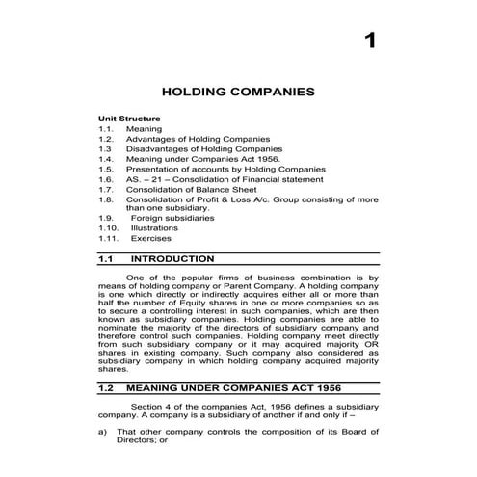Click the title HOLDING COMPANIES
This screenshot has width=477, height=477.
pyautogui.click(x=238, y=93)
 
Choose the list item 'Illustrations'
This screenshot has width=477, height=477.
pyautogui.click(x=154, y=227)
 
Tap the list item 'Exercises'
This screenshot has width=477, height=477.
pyautogui.click(x=151, y=238)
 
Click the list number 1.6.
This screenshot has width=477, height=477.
pyautogui.click(x=106, y=178)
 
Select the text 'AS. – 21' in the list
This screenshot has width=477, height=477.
pyautogui.click(x=144, y=178)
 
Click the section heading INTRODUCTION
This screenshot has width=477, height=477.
pyautogui.click(x=172, y=259)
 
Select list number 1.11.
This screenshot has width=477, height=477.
pyautogui.click(x=109, y=238)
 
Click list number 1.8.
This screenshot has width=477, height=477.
pyautogui.click(x=106, y=199)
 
